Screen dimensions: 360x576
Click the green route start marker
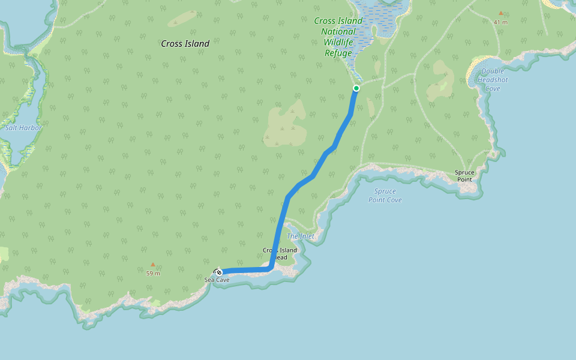356,88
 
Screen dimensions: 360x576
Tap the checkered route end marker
218,272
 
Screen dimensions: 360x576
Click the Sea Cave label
217,280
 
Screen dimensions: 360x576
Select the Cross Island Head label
280,254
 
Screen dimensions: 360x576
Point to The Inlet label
300,236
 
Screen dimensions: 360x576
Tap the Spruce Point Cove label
385,196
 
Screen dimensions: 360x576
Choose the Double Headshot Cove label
493,80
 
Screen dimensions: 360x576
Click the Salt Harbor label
23,128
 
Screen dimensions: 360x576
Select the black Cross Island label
185,44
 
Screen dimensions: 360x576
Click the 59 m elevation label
153,274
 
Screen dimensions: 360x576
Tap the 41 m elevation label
500,22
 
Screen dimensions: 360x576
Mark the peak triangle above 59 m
153,264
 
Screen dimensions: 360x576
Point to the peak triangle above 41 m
500,13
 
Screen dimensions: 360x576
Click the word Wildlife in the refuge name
339,43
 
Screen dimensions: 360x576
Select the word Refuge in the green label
338,53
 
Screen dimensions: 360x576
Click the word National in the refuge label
338,32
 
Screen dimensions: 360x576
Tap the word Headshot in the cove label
493,80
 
